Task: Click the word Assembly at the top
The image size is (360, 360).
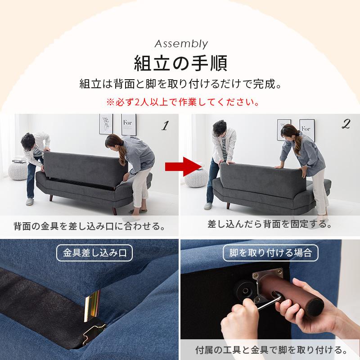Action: tap(181, 44)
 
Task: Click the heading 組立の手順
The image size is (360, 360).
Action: tap(180, 63)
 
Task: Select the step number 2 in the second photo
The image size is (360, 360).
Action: tap(346, 126)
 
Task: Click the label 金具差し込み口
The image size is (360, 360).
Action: tap(94, 252)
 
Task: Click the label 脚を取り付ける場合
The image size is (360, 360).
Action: tap(271, 252)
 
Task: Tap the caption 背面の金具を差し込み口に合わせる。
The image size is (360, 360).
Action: tap(89, 225)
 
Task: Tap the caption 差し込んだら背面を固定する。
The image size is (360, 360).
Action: tap(270, 224)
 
